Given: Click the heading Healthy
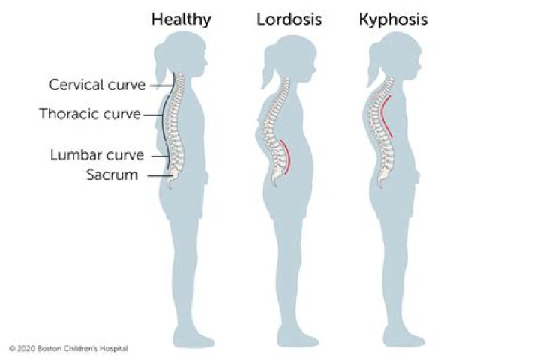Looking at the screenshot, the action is pyautogui.click(x=181, y=19).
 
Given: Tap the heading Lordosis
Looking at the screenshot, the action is pyautogui.click(x=289, y=19).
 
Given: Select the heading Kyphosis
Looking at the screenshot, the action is pyautogui.click(x=393, y=19).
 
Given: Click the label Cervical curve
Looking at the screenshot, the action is pyautogui.click(x=97, y=85).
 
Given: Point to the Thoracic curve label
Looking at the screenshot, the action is pyautogui.click(x=90, y=114).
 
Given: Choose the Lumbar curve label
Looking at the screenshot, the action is pyautogui.click(x=97, y=155).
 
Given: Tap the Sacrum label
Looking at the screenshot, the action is pyautogui.click(x=112, y=175).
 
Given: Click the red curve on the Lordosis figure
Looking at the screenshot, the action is pyautogui.click(x=286, y=157).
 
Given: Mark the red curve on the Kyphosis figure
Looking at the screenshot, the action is pyautogui.click(x=386, y=116).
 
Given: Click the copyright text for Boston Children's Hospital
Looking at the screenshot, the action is pyautogui.click(x=68, y=349).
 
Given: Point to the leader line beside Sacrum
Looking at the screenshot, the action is pyautogui.click(x=160, y=176).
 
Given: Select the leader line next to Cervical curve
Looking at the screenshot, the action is pyautogui.click(x=162, y=85).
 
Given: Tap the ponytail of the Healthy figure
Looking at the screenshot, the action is pyautogui.click(x=160, y=65).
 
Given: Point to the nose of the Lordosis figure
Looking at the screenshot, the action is pyautogui.click(x=314, y=69).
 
